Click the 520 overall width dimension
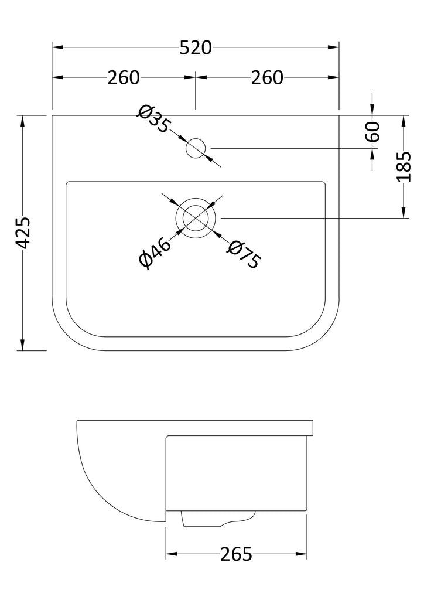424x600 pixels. [196, 48]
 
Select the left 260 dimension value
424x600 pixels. [124, 78]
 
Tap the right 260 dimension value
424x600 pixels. [267, 78]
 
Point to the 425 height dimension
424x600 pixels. [24, 233]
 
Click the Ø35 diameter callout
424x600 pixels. [153, 118]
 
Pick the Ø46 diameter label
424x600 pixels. [155, 253]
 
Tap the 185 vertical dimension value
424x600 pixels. [404, 167]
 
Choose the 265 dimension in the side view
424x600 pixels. [236, 554]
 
